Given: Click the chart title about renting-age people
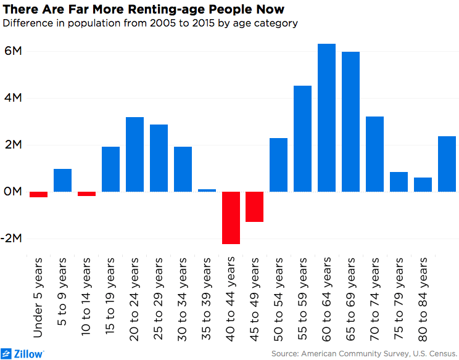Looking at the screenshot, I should [x=143, y=9].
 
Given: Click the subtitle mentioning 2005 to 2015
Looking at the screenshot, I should [x=151, y=24].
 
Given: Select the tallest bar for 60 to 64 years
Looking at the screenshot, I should [x=326, y=118].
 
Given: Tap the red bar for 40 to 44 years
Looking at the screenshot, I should [x=231, y=218].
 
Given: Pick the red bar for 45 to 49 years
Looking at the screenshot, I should [x=255, y=207].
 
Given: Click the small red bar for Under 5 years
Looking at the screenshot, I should [x=39, y=194].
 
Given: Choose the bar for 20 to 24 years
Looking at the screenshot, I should [x=134, y=154].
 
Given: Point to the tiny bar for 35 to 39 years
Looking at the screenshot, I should [x=207, y=190].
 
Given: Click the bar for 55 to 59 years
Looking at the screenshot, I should [x=302, y=139].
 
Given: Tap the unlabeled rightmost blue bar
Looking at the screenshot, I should [x=447, y=164].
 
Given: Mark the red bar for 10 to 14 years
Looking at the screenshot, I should [x=86, y=194].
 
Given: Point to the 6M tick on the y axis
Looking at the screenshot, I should [x=13, y=51].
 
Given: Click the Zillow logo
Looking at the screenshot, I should [x=22, y=353].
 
